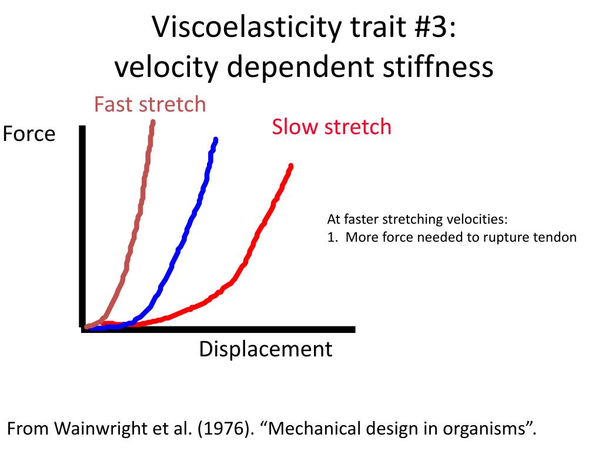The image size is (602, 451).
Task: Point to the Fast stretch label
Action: pos(150,105)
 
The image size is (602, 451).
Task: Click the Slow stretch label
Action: pos(331,127)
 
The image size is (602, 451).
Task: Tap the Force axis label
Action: pos(29,134)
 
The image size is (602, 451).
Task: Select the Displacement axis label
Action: pos(265,349)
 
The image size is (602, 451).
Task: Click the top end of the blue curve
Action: pos(216,140)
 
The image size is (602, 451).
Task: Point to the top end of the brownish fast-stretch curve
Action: pos(153,122)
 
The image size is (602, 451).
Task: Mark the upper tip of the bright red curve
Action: pos(290,166)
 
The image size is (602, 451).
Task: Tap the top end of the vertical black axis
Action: pos(82,128)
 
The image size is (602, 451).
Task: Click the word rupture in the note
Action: pos(509,237)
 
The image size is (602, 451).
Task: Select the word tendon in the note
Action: pos(556,237)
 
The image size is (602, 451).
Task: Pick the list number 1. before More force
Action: pos(332,237)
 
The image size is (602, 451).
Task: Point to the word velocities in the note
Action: pos(476,220)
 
